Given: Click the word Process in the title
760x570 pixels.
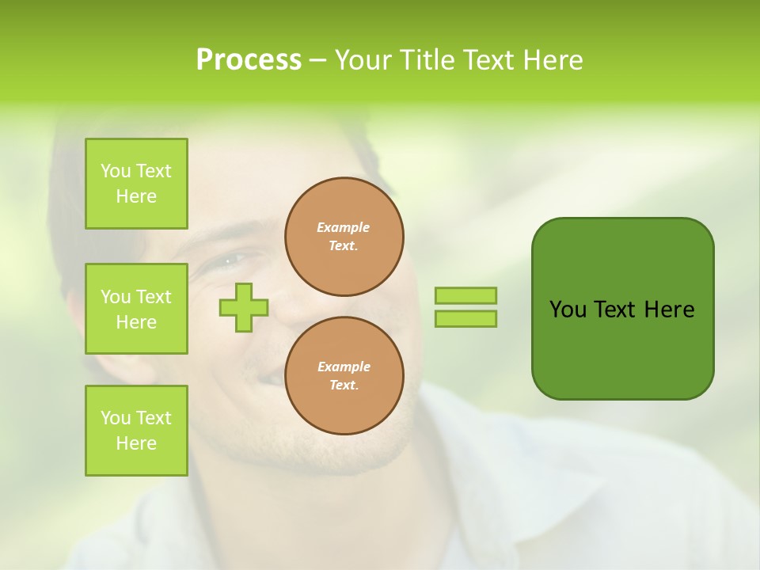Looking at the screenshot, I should [249, 60].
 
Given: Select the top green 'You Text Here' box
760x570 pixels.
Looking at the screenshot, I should [136, 184].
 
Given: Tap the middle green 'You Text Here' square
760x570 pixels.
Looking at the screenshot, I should [136, 309].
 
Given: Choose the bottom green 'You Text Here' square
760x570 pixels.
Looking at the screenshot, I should [136, 430].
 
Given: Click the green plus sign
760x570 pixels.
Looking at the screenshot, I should [244, 307].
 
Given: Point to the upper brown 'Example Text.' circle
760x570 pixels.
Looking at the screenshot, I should [344, 237].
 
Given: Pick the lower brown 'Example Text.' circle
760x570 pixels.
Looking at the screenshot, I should [344, 375].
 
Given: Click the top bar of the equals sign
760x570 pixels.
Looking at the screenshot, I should [465, 295].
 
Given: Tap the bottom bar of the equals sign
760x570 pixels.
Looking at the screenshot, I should [465, 319].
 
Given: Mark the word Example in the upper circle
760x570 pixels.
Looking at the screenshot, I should [343, 227].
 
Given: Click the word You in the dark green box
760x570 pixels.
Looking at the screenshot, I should [567, 310].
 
